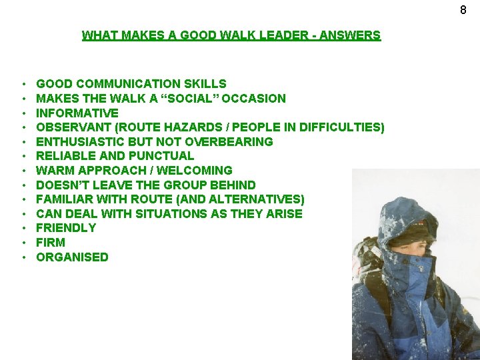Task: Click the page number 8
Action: (x=463, y=10)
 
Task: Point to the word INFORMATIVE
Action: (x=77, y=113)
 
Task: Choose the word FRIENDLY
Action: (x=66, y=228)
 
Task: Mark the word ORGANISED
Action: (x=72, y=257)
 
